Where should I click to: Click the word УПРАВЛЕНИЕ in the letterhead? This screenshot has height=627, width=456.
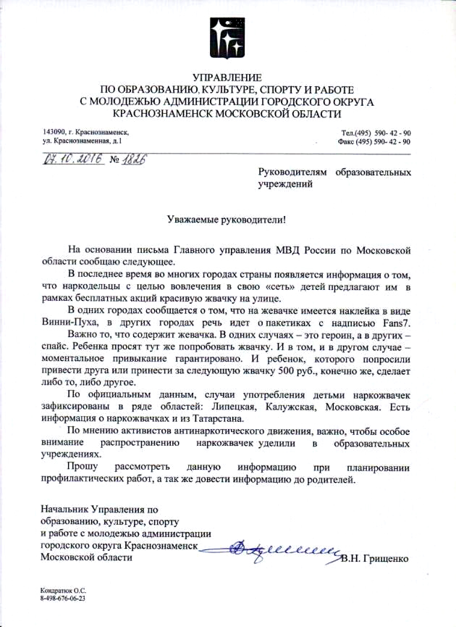click(228, 78)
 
